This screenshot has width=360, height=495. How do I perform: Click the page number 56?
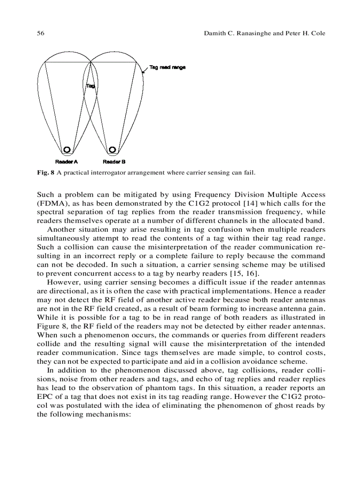coord(40,33)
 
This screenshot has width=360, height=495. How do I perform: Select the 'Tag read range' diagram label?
coord(167,67)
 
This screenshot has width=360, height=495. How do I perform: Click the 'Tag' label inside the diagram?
coord(90,86)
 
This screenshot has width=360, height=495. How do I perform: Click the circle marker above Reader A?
coord(67,150)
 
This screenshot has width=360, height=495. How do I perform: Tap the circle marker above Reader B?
coord(112,150)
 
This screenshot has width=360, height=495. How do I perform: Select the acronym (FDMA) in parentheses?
coord(52,203)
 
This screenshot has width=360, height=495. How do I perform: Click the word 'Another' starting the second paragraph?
coord(62,229)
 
